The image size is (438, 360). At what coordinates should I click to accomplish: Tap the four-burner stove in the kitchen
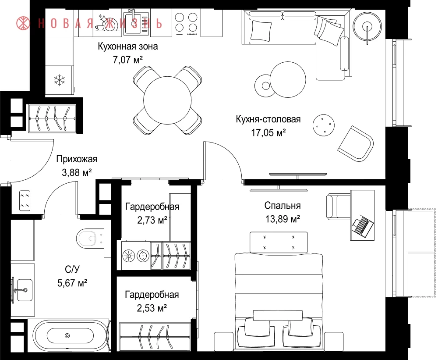tap(186, 23)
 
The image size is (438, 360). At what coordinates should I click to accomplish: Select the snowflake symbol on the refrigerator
tap(60, 80)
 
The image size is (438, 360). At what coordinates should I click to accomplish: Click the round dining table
tap(167, 100)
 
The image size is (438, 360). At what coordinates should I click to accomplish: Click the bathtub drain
tap(67, 336)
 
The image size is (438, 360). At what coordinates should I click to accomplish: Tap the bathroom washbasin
tap(24, 290)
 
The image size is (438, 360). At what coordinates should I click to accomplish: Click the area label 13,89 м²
tap(283, 219)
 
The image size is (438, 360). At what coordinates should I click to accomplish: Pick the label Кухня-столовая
tap(268, 119)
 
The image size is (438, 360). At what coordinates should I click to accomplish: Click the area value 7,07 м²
tap(128, 60)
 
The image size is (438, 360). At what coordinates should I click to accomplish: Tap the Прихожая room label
tap(77, 159)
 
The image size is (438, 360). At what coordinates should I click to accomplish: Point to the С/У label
tap(72, 270)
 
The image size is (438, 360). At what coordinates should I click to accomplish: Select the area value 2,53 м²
tap(152, 308)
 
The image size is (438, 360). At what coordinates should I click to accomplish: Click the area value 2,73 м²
tap(152, 220)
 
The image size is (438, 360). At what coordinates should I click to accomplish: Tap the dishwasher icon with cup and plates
tap(105, 23)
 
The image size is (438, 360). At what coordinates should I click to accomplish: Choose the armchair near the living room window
tap(356, 143)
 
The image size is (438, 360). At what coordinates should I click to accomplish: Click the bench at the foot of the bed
tap(279, 242)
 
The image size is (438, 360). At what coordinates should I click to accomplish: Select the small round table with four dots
tap(324, 125)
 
